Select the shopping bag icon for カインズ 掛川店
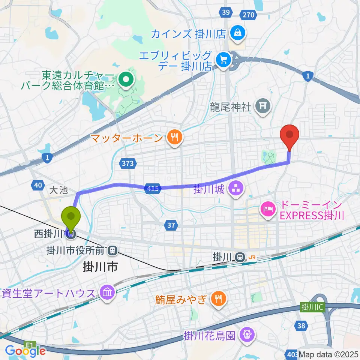238,34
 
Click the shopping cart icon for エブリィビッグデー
224,59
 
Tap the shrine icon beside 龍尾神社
262,107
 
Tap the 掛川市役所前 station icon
112,249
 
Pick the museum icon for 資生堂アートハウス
107,293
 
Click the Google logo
25,351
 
